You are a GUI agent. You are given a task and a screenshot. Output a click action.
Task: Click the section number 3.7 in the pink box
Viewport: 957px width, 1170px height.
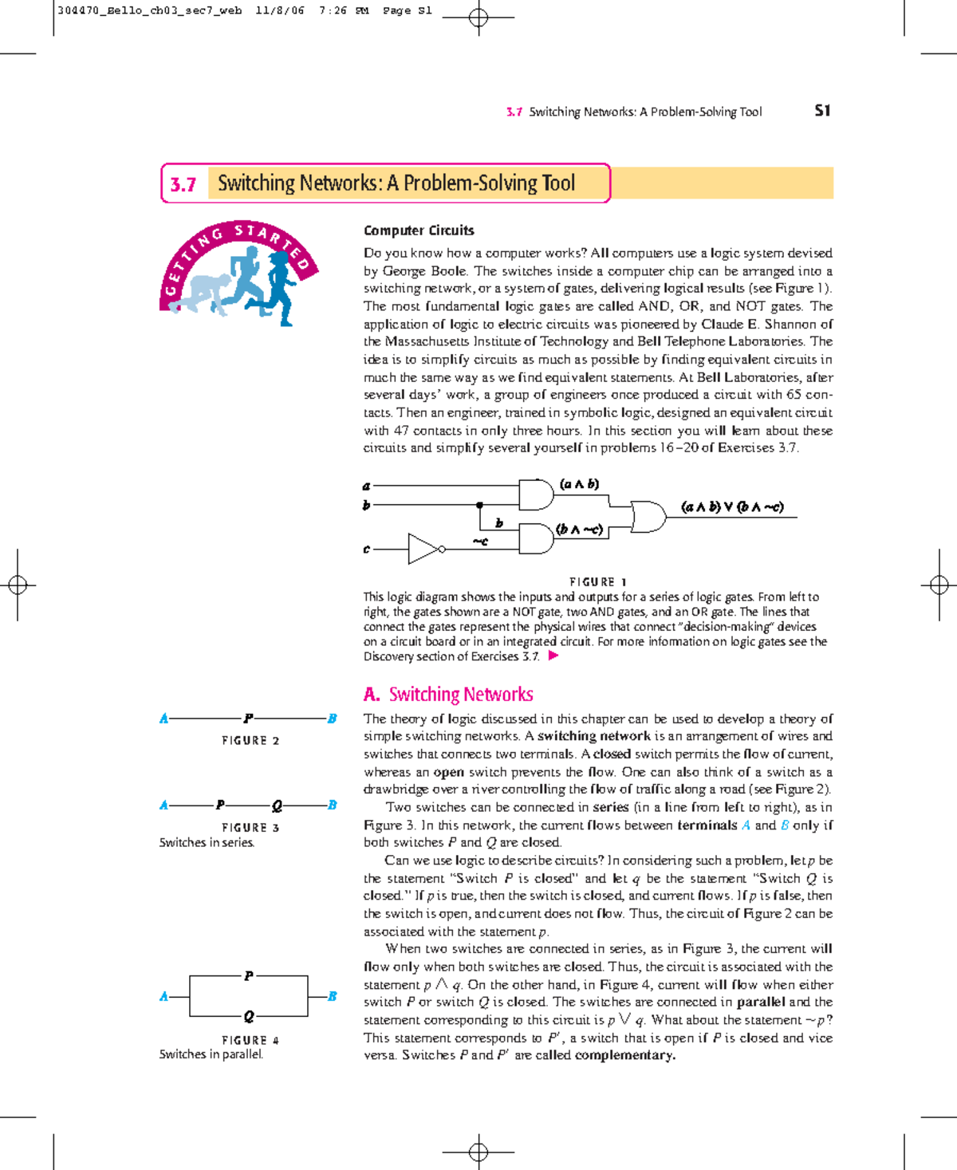point(183,184)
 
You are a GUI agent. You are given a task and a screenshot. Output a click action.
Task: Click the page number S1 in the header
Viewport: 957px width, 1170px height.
point(822,111)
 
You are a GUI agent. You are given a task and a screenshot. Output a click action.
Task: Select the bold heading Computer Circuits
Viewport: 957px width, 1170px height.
point(419,230)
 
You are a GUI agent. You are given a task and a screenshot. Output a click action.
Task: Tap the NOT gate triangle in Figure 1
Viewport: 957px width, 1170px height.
point(423,549)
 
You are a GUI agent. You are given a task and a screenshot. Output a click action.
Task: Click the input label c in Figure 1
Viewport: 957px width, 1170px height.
point(367,550)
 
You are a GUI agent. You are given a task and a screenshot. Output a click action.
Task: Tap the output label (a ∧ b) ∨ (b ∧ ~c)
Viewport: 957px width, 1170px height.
point(732,506)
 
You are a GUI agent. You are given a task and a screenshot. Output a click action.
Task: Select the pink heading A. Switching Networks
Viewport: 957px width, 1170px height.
point(448,695)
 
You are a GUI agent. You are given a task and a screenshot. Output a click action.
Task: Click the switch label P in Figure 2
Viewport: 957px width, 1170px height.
point(248,719)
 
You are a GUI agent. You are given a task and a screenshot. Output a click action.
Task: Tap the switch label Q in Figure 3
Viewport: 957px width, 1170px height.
point(277,806)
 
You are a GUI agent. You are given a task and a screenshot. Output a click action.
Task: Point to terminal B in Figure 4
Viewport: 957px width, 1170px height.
point(332,996)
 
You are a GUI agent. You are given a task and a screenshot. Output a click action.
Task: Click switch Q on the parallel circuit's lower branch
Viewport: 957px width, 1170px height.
point(249,1016)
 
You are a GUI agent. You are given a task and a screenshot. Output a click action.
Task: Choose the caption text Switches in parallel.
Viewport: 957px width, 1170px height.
point(211,1054)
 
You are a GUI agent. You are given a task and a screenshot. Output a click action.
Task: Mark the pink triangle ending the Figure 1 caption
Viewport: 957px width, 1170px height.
point(553,656)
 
